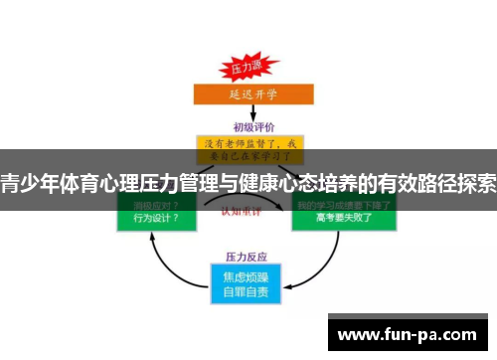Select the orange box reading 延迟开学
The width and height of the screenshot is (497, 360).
click(248, 95)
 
